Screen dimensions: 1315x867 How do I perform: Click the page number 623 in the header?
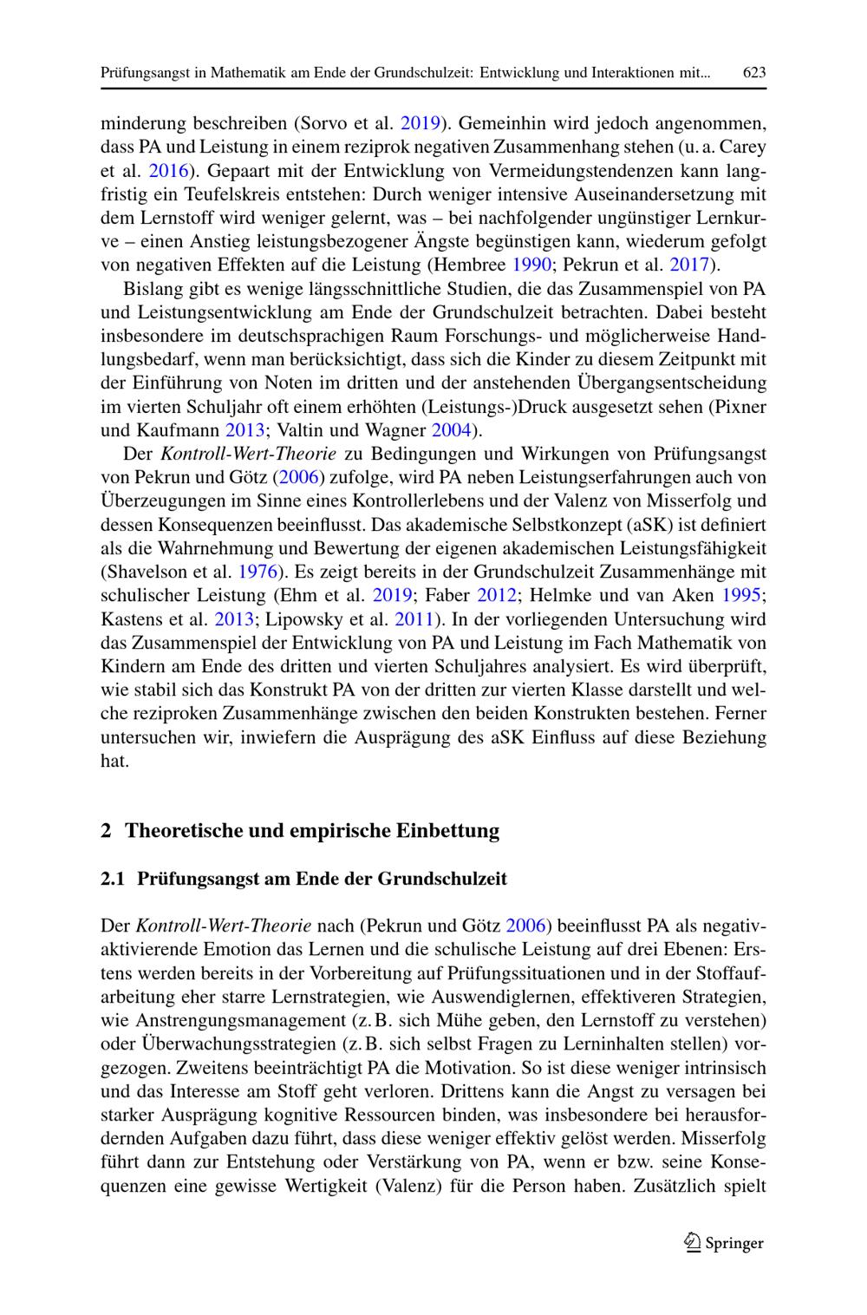(754, 73)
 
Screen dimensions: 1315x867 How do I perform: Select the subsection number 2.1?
(113, 878)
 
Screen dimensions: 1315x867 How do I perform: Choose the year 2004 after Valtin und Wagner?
(449, 429)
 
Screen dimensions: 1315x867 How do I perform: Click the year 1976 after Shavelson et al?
(257, 571)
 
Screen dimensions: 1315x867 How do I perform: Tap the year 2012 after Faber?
(497, 595)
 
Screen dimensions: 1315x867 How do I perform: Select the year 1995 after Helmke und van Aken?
(742, 595)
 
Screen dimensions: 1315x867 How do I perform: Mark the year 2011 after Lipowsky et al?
(414, 618)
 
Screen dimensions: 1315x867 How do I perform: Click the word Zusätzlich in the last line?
(678, 1185)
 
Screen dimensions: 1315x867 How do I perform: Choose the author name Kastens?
(127, 618)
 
